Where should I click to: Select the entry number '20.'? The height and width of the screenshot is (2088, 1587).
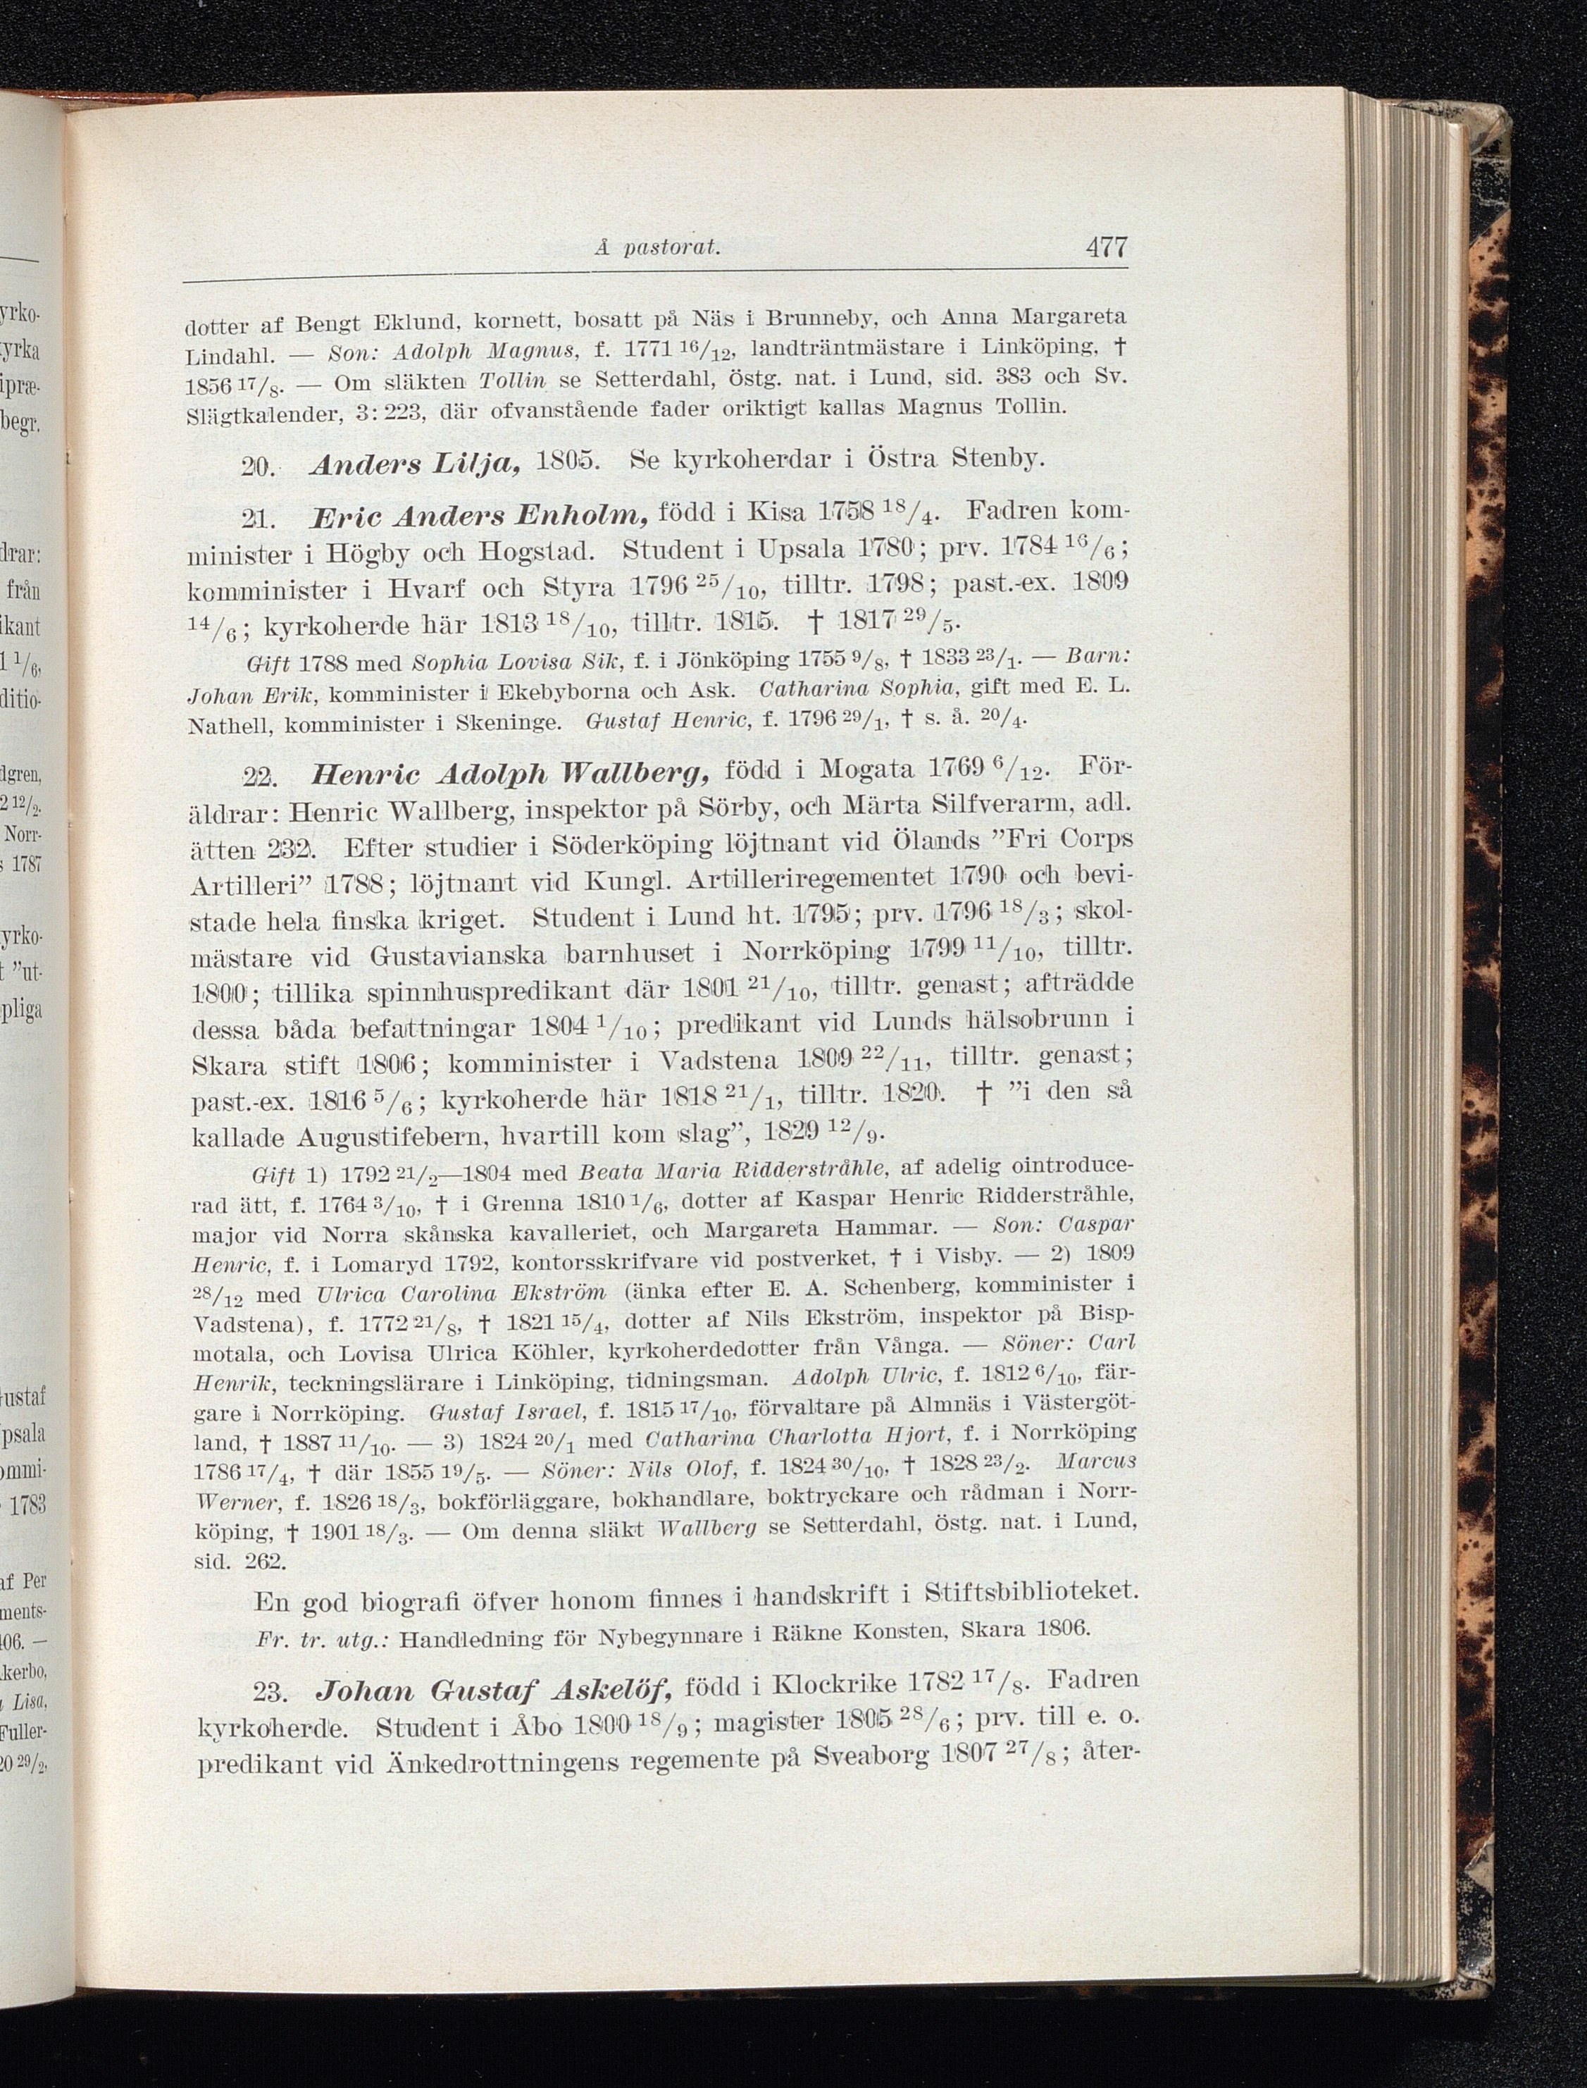click(256, 465)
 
